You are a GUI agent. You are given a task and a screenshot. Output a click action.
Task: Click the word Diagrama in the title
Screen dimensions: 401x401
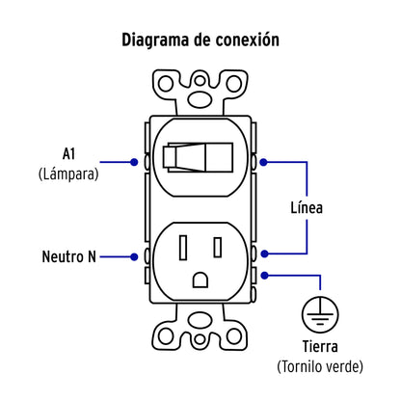tap(157, 40)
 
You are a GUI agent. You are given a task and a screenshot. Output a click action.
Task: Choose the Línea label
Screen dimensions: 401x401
tap(307, 207)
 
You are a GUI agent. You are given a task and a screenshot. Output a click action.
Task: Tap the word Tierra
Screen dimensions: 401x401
tap(316, 347)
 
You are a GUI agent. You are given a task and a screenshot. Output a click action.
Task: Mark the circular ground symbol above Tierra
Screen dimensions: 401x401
tap(317, 311)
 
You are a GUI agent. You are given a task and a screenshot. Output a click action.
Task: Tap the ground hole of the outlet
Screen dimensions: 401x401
tap(200, 280)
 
